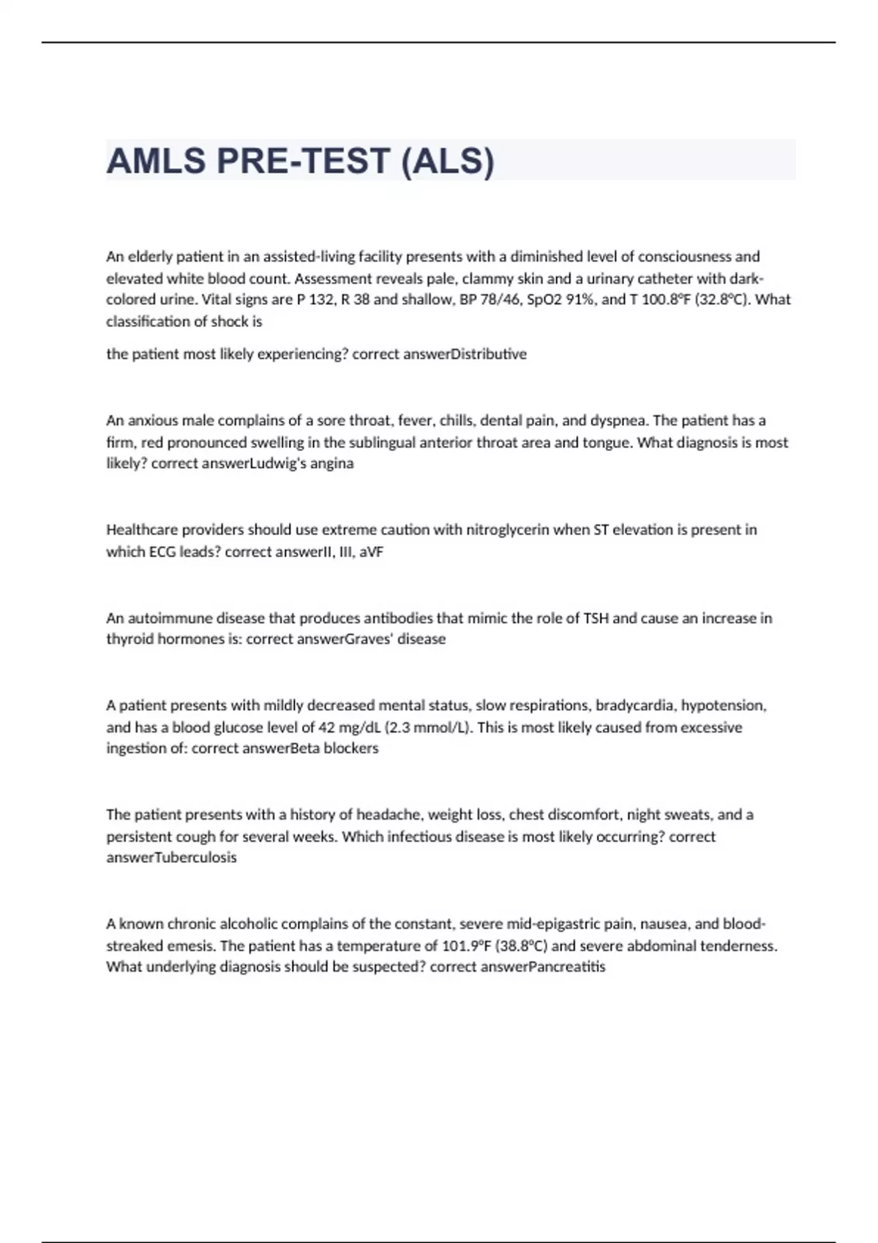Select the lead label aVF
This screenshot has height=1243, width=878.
point(371,551)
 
